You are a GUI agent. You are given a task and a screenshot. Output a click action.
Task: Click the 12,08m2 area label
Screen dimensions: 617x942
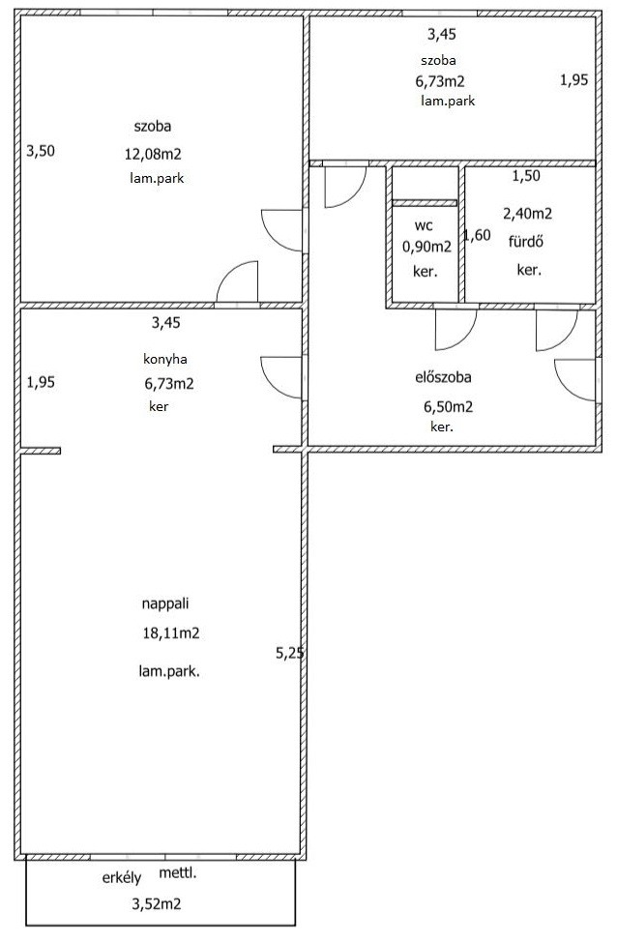click(153, 155)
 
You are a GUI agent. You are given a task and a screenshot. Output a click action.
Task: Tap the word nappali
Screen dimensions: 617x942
click(165, 603)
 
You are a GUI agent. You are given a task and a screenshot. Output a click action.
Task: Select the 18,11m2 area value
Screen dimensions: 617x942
click(171, 633)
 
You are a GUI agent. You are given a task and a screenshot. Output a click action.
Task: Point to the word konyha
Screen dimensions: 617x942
click(165, 359)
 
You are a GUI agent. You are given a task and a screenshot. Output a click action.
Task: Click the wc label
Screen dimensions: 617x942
click(424, 226)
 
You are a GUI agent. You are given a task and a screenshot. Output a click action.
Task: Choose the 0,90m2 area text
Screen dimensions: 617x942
click(426, 247)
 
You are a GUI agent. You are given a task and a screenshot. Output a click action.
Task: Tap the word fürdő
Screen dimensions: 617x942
click(526, 242)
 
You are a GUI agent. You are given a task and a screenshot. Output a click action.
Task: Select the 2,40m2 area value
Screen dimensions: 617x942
click(527, 214)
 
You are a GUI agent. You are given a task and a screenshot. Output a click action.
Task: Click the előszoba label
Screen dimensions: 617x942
click(443, 377)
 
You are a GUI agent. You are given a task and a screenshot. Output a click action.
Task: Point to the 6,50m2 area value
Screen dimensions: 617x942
click(448, 407)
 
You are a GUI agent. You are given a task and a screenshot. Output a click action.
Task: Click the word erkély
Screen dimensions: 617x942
click(121, 878)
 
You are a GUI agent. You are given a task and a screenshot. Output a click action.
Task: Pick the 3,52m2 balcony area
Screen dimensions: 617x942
click(157, 903)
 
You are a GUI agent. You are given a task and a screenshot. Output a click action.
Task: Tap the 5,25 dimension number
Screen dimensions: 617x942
click(289, 653)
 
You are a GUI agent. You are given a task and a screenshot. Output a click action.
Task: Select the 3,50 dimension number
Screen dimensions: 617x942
click(41, 151)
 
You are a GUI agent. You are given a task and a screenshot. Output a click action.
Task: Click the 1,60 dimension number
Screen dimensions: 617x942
click(478, 236)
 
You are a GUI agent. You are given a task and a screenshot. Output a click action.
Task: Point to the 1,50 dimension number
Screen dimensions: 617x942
click(526, 176)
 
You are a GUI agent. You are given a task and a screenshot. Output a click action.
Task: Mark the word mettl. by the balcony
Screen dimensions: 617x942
click(178, 873)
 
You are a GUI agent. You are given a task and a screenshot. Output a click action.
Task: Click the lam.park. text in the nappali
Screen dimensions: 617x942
click(169, 671)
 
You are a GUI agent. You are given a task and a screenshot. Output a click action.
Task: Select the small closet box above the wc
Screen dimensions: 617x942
click(426, 183)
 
